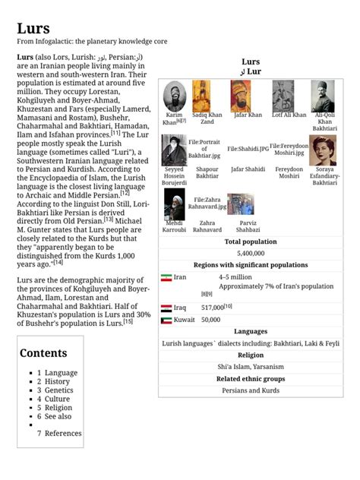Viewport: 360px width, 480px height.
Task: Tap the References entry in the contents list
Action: (63, 433)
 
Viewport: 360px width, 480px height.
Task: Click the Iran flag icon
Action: (166, 278)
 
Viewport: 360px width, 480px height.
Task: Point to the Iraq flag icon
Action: (166, 308)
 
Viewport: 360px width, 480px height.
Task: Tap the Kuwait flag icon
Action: (166, 321)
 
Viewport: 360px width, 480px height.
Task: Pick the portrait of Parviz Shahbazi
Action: (240, 204)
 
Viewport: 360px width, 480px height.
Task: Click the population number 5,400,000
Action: (250, 253)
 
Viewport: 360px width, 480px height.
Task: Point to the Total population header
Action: (250, 242)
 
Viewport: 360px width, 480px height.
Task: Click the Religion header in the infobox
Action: (250, 355)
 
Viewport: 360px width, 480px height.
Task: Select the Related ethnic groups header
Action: (250, 378)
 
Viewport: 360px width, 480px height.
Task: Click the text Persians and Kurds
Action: (250, 390)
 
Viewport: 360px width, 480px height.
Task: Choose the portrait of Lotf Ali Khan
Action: (288, 96)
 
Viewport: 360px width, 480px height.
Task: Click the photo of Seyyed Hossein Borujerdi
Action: (174, 150)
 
